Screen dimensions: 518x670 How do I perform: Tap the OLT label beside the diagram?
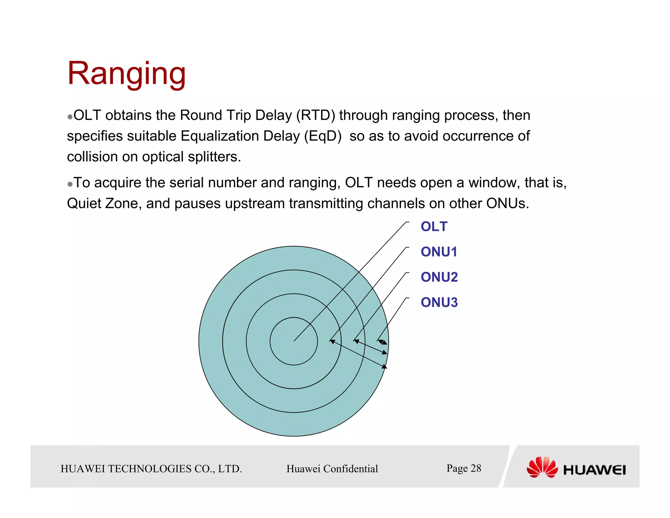(433, 227)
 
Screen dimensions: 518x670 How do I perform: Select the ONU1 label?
(439, 252)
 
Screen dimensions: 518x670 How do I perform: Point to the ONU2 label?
(439, 277)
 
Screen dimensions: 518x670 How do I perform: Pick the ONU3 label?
(439, 302)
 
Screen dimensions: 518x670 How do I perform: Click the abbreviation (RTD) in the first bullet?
(316, 115)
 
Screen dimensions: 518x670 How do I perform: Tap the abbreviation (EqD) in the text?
(323, 136)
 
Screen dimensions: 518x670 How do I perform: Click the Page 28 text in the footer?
(464, 468)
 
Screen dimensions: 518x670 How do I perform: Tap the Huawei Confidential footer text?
(332, 469)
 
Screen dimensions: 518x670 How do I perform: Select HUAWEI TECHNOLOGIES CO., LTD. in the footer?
(151, 469)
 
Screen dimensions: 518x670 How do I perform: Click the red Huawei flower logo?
(542, 467)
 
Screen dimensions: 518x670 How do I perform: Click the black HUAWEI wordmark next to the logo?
(594, 470)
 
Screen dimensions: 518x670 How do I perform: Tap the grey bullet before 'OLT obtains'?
(70, 117)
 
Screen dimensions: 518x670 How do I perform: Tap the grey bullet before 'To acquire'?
(70, 184)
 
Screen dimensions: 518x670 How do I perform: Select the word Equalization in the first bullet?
(220, 136)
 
